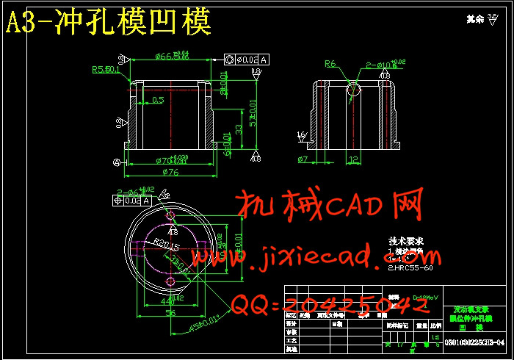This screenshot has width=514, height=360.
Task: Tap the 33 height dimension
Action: coord(238,129)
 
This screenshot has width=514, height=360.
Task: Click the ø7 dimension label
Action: coord(303,159)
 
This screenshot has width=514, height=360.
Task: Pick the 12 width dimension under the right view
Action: coord(353,159)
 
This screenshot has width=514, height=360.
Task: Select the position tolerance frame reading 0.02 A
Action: coord(131,200)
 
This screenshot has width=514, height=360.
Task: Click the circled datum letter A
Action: coord(116,162)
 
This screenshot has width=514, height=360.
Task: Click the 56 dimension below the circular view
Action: coord(171,313)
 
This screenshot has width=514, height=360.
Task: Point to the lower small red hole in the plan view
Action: coord(170,281)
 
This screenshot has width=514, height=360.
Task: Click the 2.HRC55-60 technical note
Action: coord(413,267)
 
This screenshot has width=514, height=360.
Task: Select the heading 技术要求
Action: coord(405,241)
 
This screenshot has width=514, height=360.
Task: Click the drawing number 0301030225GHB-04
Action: coord(475,343)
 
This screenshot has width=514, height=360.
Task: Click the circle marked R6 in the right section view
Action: coord(354,90)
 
